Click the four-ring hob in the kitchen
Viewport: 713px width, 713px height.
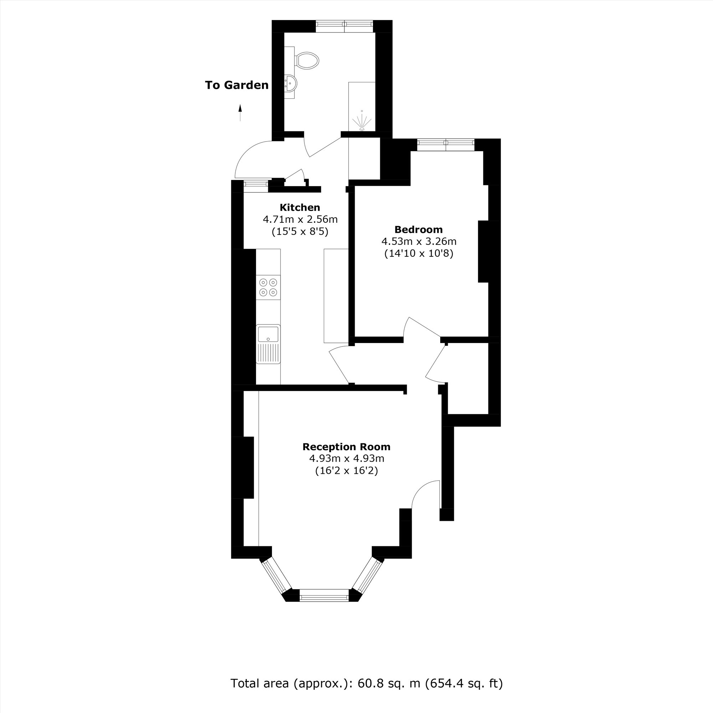[x=268, y=287]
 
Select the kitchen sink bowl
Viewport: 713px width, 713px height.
[x=268, y=334]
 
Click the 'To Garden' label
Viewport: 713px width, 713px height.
[x=237, y=85]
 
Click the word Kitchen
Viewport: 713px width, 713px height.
[x=300, y=207]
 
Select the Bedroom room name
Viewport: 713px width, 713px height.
[x=419, y=230]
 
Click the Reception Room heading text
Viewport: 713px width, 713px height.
[x=346, y=447]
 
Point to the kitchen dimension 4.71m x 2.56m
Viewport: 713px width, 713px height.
[x=300, y=220]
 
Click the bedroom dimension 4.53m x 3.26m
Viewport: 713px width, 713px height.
[x=419, y=242]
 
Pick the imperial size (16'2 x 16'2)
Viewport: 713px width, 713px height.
[x=346, y=471]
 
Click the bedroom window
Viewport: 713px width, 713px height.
[x=446, y=144]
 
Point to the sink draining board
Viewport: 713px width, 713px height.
[x=268, y=353]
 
